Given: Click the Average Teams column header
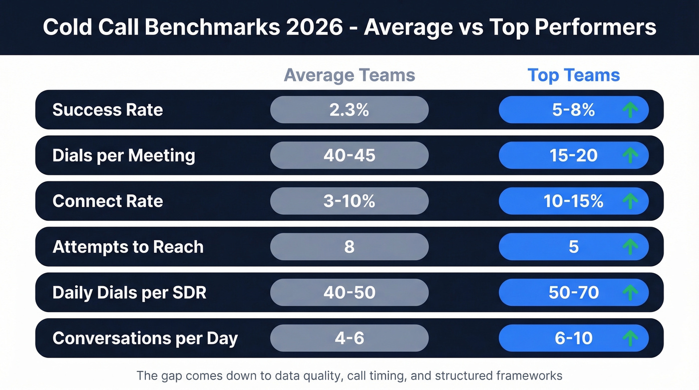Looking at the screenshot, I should [x=349, y=75].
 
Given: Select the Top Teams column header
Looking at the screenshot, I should [x=574, y=75].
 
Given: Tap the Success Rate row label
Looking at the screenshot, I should [x=108, y=110].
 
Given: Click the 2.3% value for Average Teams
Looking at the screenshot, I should [x=349, y=110].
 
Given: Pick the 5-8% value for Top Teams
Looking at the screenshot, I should [x=573, y=110].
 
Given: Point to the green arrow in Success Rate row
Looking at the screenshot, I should [x=630, y=110].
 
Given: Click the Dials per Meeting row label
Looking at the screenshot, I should [x=124, y=155].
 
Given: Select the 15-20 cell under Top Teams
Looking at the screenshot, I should [x=573, y=155].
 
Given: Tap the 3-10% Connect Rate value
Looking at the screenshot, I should [x=349, y=201].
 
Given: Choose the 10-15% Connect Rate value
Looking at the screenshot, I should [x=573, y=201].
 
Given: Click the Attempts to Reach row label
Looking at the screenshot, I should [x=128, y=247].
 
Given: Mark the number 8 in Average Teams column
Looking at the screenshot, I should [x=349, y=247].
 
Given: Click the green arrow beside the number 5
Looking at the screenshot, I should [x=630, y=247].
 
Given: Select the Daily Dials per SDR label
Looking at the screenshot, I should [x=129, y=293].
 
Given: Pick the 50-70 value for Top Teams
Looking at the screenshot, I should [x=573, y=293].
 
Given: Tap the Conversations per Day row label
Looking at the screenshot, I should [x=145, y=338].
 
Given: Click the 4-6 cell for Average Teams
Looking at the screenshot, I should [x=349, y=338].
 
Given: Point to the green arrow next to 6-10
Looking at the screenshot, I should [x=630, y=338].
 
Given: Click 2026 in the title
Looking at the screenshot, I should [x=315, y=27].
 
